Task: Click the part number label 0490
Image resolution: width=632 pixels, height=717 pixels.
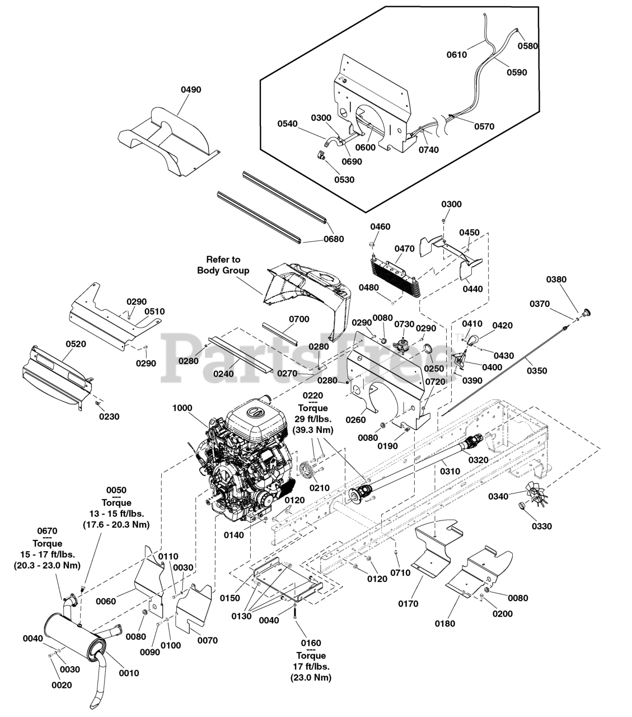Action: tap(191, 90)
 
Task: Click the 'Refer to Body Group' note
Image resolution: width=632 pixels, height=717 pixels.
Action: tap(223, 265)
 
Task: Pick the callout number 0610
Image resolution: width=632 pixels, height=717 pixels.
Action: tap(457, 55)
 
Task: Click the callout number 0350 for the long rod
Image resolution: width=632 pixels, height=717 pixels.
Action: tap(537, 371)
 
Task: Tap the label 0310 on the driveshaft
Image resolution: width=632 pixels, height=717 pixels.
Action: tap(450, 471)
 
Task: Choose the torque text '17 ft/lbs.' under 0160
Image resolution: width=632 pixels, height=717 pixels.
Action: tap(311, 667)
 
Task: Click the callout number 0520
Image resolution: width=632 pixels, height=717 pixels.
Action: tap(76, 344)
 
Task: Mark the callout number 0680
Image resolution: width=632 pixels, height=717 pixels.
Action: tap(334, 239)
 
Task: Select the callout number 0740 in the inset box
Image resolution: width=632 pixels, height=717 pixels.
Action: tap(428, 150)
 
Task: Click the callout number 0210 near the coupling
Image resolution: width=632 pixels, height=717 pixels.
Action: tap(320, 487)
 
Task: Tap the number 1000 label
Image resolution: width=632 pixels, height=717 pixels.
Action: tap(182, 409)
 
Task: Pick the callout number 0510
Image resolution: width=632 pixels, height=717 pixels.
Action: tap(155, 311)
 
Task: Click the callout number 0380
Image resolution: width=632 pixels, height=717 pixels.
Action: tap(556, 280)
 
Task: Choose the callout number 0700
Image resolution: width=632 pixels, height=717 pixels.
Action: tap(299, 319)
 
